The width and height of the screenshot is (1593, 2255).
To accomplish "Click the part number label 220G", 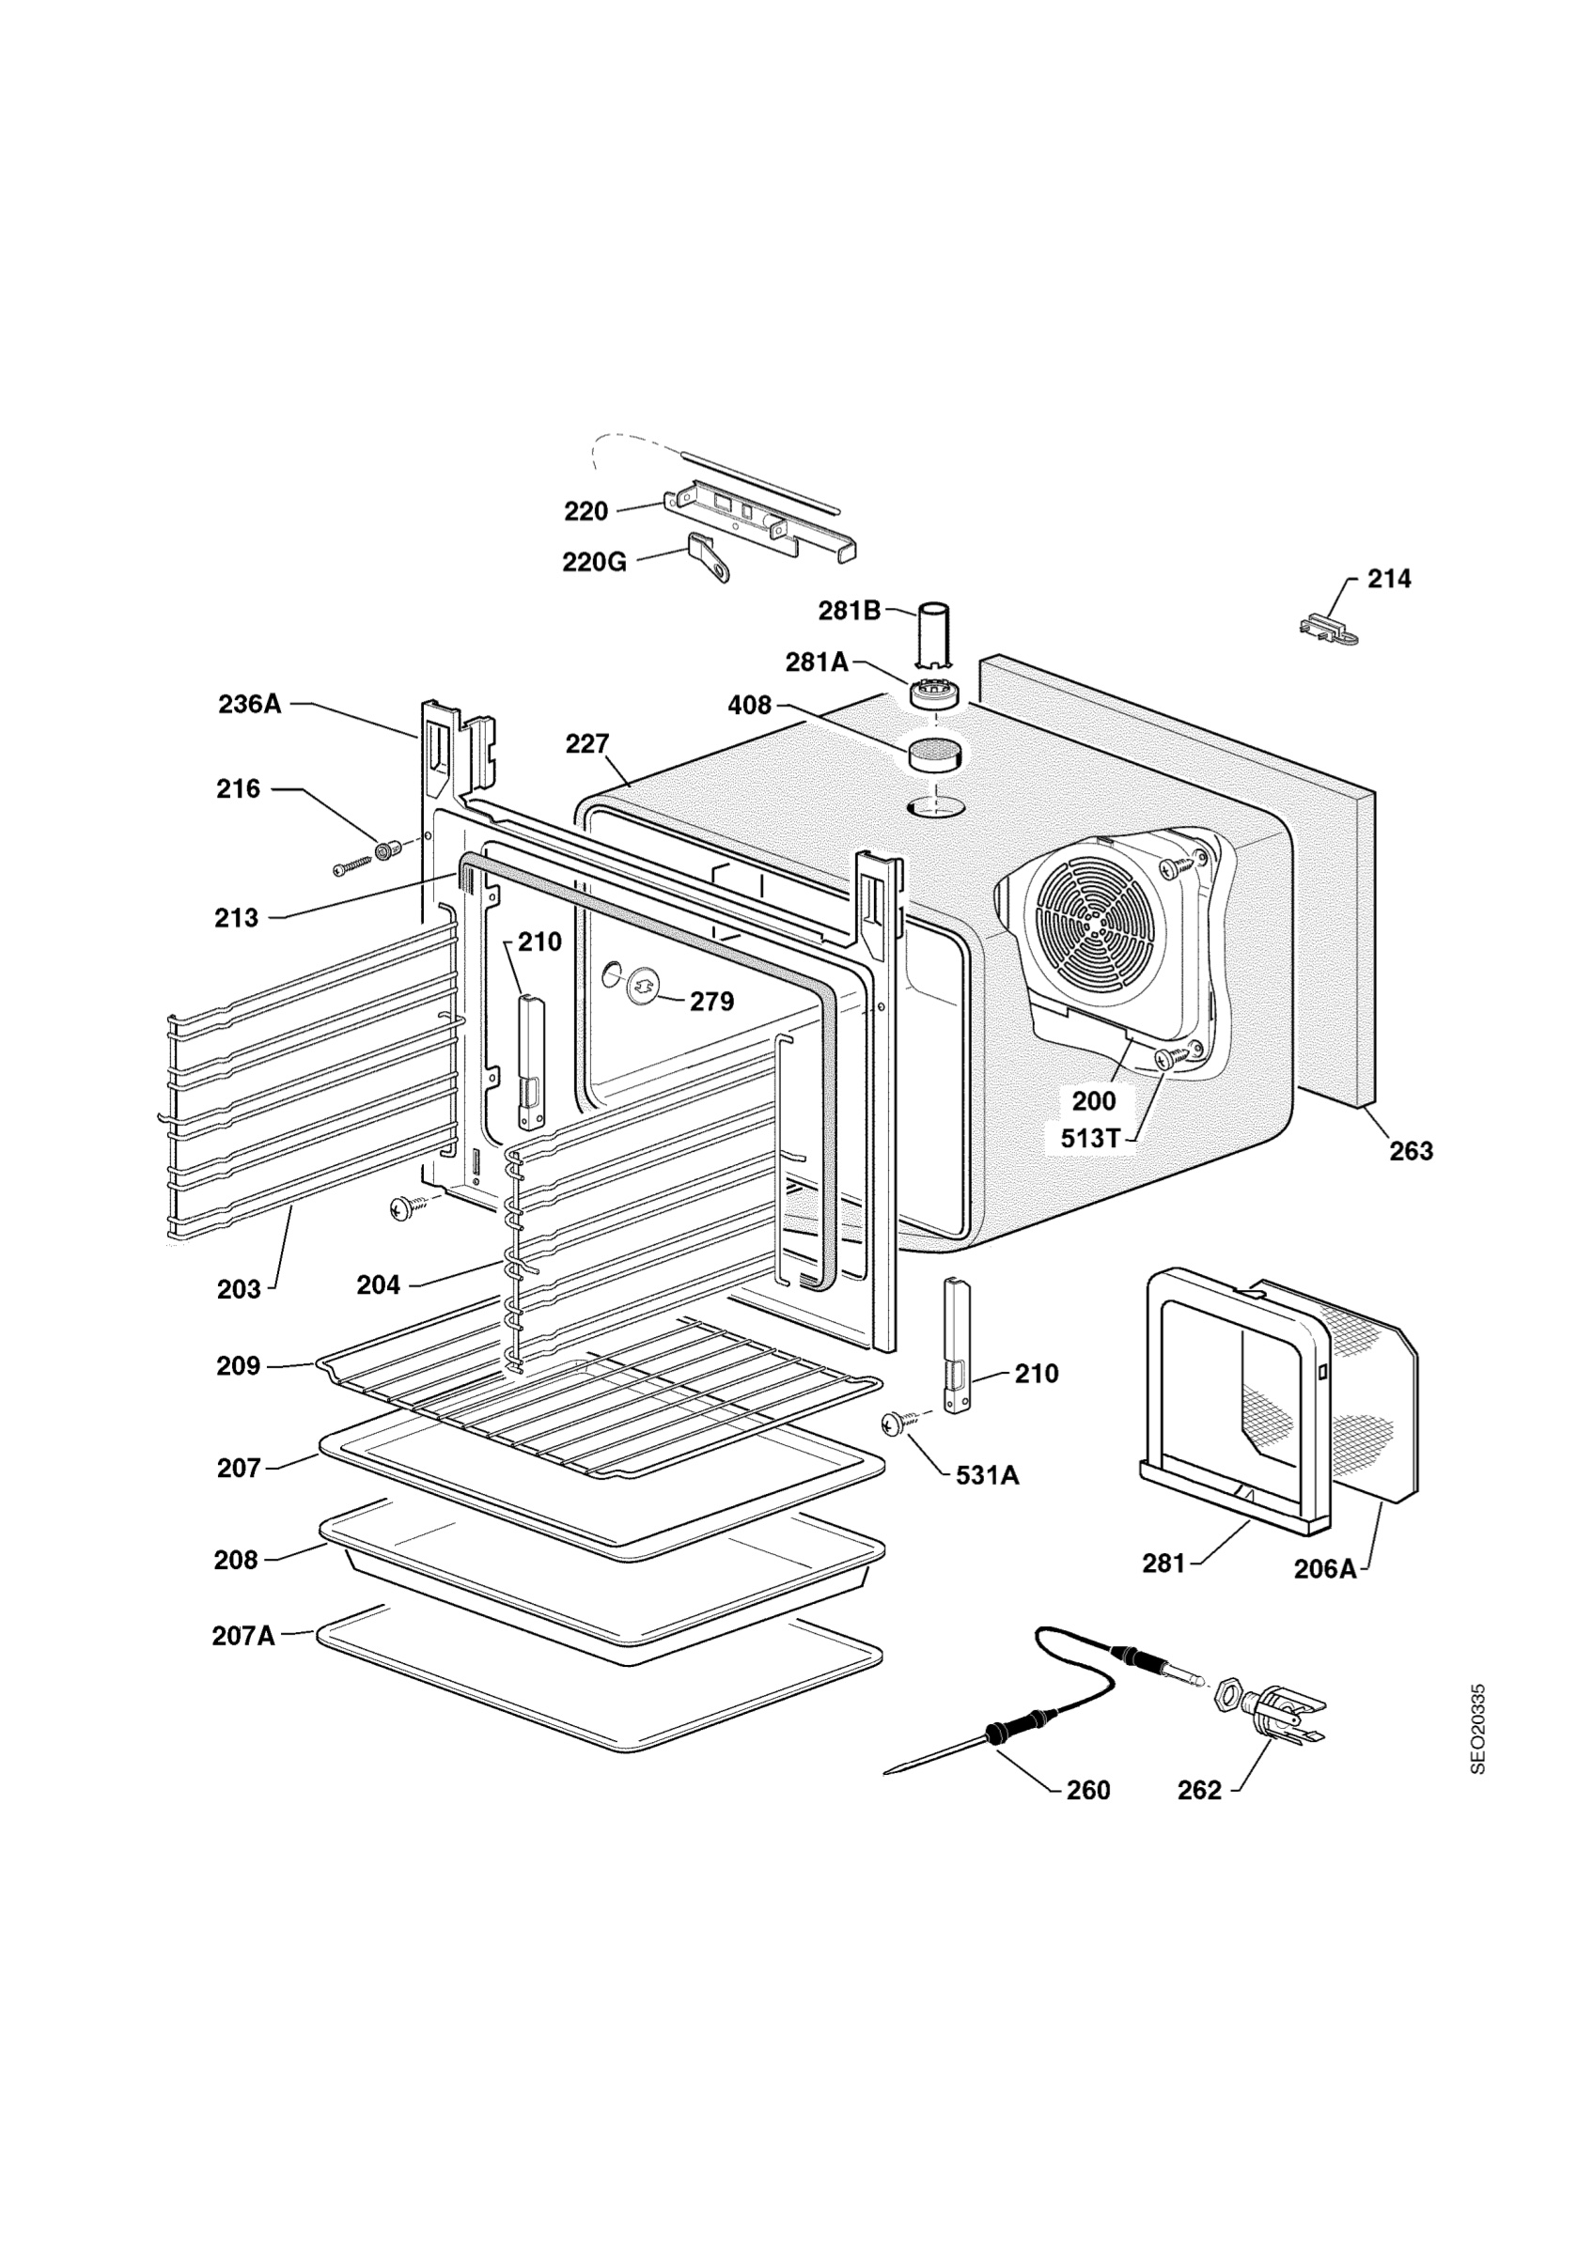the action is coord(594,562).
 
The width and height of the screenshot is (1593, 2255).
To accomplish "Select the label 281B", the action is coord(850,611).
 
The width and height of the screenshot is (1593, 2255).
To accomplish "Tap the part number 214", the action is coord(1389,579).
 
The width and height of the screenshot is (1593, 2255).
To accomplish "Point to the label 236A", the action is coord(249,703).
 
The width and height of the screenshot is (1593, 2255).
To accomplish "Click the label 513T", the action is coord(1090,1137).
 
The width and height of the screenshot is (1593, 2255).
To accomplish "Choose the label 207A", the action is coord(243,1636).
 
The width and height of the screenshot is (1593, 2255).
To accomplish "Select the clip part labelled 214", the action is coord(1328,628).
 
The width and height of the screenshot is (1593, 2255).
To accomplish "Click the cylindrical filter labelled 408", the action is coord(935,754).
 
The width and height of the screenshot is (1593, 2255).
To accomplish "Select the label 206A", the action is coord(1325,1568).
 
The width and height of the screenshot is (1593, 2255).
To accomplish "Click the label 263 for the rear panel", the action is coord(1412,1150).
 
